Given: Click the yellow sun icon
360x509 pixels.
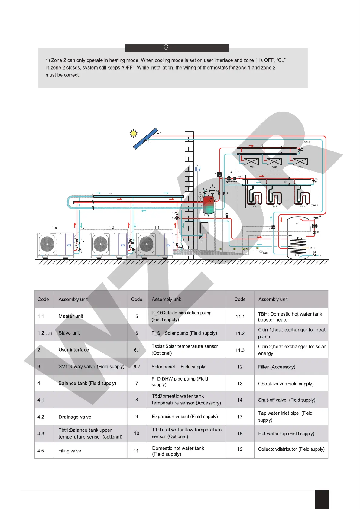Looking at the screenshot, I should [133, 133].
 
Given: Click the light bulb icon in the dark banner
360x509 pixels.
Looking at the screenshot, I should [166, 48].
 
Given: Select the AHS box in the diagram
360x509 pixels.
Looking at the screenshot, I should [204, 228].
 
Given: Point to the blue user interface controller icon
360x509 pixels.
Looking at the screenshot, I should [198, 169].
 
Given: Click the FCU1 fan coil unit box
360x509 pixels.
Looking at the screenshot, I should [251, 162].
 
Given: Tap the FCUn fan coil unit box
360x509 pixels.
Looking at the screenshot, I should [300, 162].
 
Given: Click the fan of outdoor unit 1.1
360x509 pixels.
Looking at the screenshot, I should [147, 244].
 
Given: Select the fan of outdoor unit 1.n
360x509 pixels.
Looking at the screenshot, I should [47, 244].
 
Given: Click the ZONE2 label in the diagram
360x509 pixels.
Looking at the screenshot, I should [314, 206].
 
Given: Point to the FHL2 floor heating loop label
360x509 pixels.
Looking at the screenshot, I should [274, 206].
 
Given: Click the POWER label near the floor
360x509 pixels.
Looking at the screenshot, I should [266, 253].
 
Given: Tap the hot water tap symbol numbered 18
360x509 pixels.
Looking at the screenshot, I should [316, 218].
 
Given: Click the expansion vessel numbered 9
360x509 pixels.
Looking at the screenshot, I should [212, 190].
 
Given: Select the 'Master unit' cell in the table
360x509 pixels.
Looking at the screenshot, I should [71, 316].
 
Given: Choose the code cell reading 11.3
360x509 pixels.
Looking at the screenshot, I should [240, 350].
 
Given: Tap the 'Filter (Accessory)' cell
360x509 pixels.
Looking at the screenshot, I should [277, 367].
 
